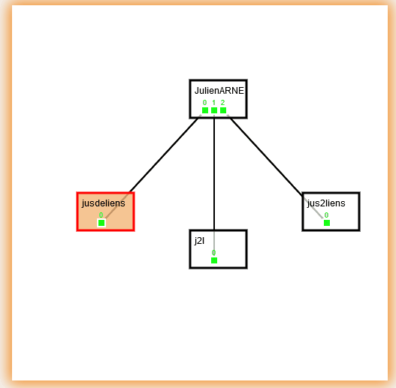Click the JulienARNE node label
pos(219,91)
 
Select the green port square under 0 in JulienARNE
pos(205,110)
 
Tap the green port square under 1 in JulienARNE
pos(214,110)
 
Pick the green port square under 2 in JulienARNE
pos(223,110)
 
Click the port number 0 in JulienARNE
pos(204,102)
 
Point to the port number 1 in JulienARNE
pos(214,102)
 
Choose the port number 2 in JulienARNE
pos(222,102)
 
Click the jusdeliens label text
pos(103,203)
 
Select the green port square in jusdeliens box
pos(101,223)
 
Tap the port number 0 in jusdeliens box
pos(101,215)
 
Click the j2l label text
pos(200,241)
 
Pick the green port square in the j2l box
pos(214,260)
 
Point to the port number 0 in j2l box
pos(213,252)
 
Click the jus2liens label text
pos(326,203)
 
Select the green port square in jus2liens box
pos(327,223)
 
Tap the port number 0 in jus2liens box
pos(326,215)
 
